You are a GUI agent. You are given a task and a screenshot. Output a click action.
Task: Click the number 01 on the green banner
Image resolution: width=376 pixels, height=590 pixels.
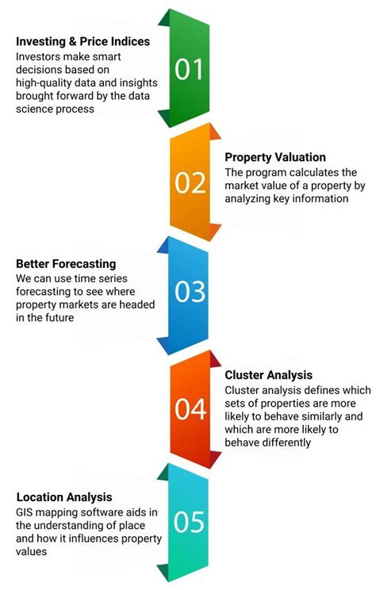pyautogui.click(x=189, y=70)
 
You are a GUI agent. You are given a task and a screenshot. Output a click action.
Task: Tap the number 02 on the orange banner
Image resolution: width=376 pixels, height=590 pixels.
pyautogui.click(x=190, y=183)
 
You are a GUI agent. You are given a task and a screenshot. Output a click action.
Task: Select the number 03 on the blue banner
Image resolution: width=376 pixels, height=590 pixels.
pyautogui.click(x=189, y=293)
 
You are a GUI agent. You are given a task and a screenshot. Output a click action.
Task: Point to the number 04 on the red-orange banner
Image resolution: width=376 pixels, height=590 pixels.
pyautogui.click(x=190, y=409)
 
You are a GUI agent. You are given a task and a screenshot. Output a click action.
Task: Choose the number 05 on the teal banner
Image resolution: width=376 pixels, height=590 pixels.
pyautogui.click(x=189, y=522)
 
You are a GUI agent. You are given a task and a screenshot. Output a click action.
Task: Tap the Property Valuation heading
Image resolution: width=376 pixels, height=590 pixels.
pyautogui.click(x=274, y=157)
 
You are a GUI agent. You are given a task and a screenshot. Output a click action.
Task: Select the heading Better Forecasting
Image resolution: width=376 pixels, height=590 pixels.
pyautogui.click(x=67, y=263)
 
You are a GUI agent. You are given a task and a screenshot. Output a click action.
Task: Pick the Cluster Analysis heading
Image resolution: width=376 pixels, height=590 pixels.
pyautogui.click(x=269, y=374)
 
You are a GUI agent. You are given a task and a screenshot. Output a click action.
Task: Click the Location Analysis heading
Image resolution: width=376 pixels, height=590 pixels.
pyautogui.click(x=63, y=496)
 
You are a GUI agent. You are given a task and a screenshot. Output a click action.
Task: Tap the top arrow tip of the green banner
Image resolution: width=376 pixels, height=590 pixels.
pyautogui.click(x=170, y=10)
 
